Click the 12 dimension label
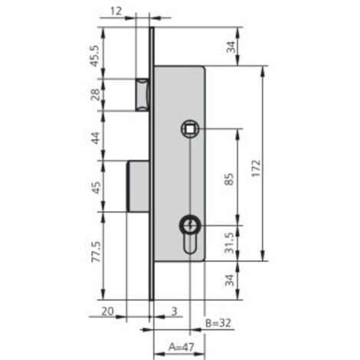tap(116, 11)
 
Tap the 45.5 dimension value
tap(95, 56)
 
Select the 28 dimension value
tap(96, 95)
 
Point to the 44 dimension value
tap(96, 138)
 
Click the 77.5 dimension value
tap(97, 252)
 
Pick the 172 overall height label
tap(256, 168)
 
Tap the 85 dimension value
tap(229, 179)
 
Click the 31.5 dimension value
tap(230, 243)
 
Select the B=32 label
tap(218, 323)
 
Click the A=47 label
tap(182, 347)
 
